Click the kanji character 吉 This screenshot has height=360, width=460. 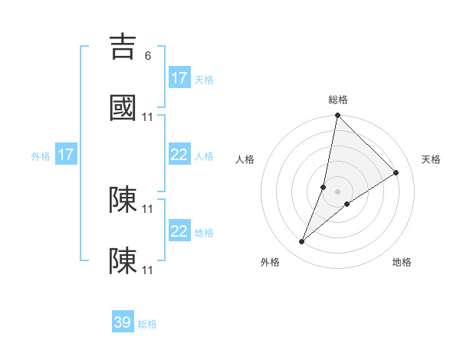click(123, 47)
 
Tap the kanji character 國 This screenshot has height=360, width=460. click(123, 109)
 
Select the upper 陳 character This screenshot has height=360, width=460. click(123, 200)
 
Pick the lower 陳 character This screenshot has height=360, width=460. click(123, 261)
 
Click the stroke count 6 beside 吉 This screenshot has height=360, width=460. click(148, 56)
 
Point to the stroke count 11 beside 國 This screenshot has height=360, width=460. click(148, 117)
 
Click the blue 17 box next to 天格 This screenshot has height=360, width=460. click(179, 77)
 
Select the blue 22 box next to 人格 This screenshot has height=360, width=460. click(179, 155)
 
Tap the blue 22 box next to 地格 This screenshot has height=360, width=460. click(179, 231)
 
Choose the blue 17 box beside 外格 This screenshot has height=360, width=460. click(66, 155)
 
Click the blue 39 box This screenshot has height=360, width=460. click(123, 322)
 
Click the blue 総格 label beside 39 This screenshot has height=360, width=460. click(147, 324)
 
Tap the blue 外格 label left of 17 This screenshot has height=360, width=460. click(41, 156)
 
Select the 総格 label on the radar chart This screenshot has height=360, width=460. click(338, 100)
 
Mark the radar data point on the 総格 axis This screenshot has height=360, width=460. click(337, 116)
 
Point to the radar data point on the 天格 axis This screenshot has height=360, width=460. click(396, 172)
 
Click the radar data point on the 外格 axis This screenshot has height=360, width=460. click(302, 242)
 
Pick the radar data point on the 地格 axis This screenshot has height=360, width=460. click(347, 204)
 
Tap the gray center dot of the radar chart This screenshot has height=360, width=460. click(337, 191)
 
